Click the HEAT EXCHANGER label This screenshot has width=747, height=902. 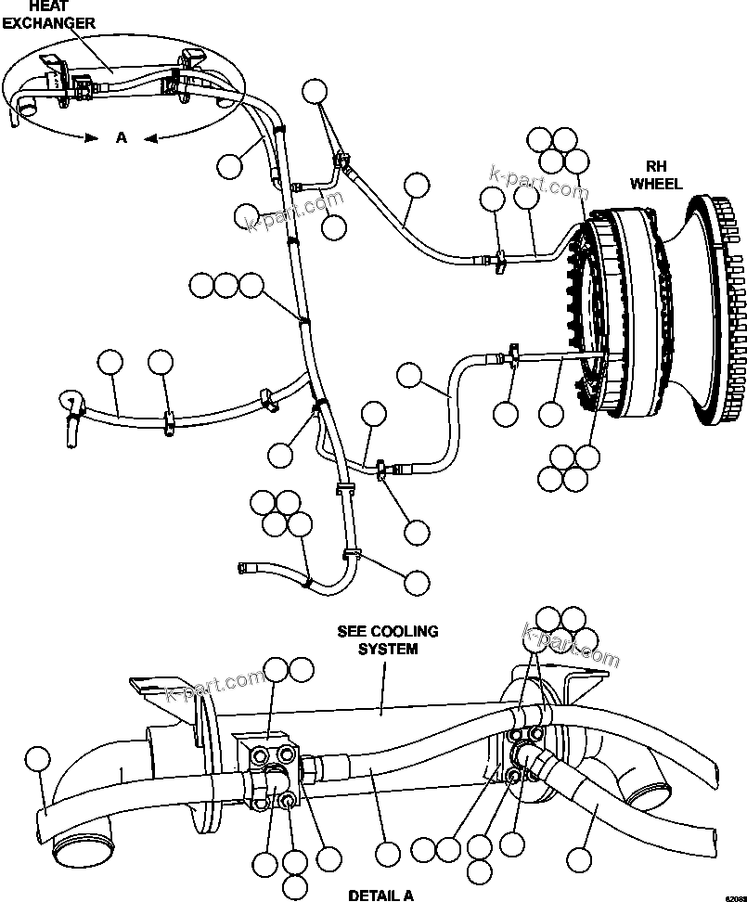[x=47, y=14]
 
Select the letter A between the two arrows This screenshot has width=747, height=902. [x=121, y=137]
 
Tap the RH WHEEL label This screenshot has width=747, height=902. [x=656, y=175]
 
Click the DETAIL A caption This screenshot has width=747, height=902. [x=380, y=896]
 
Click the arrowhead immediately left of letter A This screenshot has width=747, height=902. [x=91, y=137]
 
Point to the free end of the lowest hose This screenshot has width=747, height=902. [x=244, y=565]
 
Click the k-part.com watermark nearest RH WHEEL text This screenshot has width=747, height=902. [x=538, y=183]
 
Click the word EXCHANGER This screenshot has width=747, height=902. [x=47, y=23]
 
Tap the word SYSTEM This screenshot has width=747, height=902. [x=388, y=649]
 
